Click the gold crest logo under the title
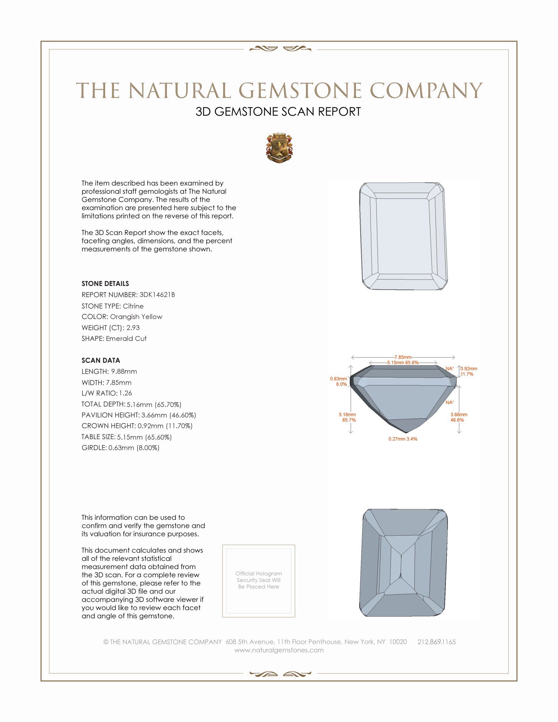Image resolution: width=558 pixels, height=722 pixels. tap(279, 148)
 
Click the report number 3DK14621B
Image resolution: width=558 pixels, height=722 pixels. tap(157, 295)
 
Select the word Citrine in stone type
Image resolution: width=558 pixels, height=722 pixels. tap(133, 306)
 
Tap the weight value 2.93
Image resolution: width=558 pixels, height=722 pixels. tap(133, 328)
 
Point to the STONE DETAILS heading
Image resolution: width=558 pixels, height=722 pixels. tap(105, 284)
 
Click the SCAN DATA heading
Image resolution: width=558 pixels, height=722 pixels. tap(101, 360)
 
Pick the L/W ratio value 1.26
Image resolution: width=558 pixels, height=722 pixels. tap(125, 393)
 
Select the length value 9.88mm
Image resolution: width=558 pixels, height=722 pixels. tap(124, 372)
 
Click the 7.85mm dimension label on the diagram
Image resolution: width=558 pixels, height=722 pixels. tap(403, 357)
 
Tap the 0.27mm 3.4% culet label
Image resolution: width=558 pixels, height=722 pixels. tap(403, 439)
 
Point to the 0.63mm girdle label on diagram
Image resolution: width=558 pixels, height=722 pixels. tap(338, 379)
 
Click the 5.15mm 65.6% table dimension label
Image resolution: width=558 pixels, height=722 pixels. tap(403, 363)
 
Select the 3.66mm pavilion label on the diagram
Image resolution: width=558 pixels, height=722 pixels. tap(459, 414)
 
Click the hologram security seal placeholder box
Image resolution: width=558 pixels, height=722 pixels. tap(259, 581)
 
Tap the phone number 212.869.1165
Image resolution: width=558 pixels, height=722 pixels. tap(436, 642)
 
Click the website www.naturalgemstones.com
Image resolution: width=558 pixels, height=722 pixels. tap(279, 650)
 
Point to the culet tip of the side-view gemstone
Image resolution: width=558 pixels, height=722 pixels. tap(406, 432)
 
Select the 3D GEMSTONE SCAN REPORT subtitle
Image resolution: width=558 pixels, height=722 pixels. tap(278, 112)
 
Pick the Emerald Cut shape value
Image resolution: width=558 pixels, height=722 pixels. tap(126, 339)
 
